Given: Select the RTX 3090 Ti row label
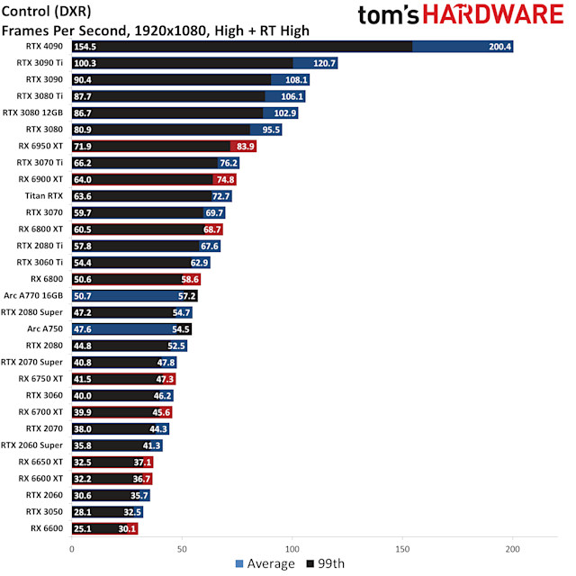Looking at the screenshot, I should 40,63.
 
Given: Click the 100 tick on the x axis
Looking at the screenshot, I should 292,548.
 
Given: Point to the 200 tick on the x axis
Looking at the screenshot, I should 513,548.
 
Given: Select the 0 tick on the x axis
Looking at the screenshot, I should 72,548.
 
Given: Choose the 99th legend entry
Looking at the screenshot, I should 328,563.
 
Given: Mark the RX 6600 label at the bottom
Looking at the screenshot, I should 48,527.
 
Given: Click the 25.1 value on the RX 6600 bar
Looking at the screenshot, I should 85,528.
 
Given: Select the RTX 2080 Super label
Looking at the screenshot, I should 32,311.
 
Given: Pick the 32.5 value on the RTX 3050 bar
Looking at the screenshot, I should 132,511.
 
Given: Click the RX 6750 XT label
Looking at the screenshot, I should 41,378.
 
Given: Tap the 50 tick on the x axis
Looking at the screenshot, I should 182,548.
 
